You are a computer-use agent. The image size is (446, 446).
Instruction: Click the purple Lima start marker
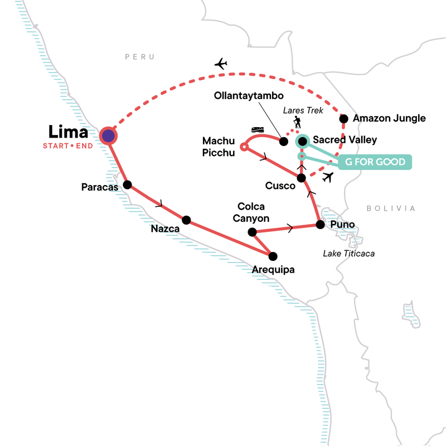coord(108,135)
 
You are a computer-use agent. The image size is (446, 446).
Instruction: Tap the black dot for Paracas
coord(127,185)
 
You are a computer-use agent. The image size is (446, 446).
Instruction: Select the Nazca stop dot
coord(187,220)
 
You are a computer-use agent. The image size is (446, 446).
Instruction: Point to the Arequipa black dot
coord(273,256)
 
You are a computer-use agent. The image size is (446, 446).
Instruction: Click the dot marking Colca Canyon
coord(252,232)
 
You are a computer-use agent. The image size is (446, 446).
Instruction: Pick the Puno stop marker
coord(320,225)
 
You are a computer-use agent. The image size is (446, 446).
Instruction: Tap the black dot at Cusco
coord(302,178)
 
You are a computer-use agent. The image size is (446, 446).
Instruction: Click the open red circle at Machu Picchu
coord(243,147)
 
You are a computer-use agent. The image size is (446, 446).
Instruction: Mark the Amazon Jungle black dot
coord(344,118)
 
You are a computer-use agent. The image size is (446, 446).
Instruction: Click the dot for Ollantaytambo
coord(283,140)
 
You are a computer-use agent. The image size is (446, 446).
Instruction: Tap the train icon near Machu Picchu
coord(258,130)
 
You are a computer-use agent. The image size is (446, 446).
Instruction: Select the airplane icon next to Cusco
coord(328,178)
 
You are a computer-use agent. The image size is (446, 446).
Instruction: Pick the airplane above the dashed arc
coord(221,64)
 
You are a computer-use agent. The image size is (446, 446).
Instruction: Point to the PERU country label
coord(139,57)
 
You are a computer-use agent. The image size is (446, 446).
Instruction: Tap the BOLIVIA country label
coord(391,209)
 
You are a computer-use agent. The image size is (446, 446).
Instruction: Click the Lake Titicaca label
coord(349,254)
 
